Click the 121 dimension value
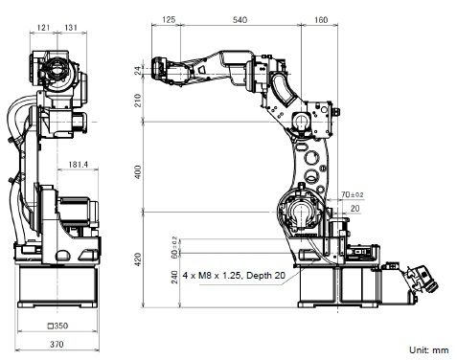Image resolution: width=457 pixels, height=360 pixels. [x=43, y=28]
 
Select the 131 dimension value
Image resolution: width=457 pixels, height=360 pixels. [x=71, y=28]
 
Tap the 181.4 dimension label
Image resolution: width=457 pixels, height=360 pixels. [x=78, y=165]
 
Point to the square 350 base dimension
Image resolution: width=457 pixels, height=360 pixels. [x=57, y=326]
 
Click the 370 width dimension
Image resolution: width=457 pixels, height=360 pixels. [x=57, y=344]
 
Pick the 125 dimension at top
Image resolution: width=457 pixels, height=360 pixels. [x=169, y=20]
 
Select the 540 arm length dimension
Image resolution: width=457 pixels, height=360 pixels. [x=240, y=20]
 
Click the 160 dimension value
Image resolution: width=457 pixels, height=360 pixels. [x=321, y=20]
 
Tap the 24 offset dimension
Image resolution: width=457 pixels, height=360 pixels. [x=138, y=70]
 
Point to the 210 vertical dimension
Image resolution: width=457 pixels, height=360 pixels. [x=138, y=101]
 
